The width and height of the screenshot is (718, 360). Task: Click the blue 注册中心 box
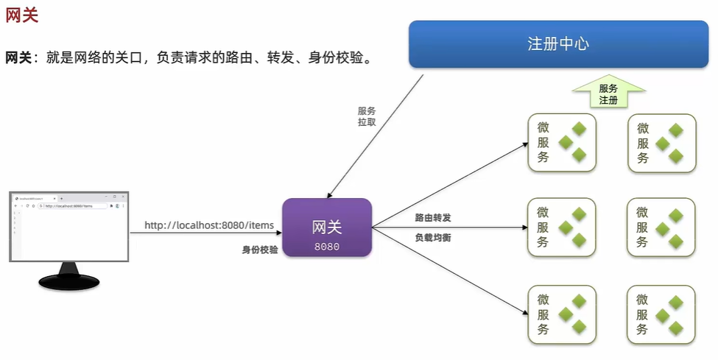(x=558, y=43)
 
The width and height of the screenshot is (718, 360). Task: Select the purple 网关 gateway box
(x=327, y=227)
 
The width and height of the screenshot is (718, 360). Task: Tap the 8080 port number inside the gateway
(x=327, y=247)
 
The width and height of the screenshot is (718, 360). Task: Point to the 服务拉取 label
(x=367, y=116)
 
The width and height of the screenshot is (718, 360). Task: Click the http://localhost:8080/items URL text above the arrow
(x=209, y=225)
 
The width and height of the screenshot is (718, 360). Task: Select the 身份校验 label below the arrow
(x=260, y=250)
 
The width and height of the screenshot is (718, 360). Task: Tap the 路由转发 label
(x=433, y=218)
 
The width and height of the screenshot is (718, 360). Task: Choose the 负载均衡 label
(x=433, y=238)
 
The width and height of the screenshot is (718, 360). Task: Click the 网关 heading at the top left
(x=22, y=15)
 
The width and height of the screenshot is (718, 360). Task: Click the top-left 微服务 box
(x=561, y=143)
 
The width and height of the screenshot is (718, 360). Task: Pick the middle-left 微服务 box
(x=561, y=227)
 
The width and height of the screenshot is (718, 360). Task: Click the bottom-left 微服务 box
(x=561, y=314)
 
